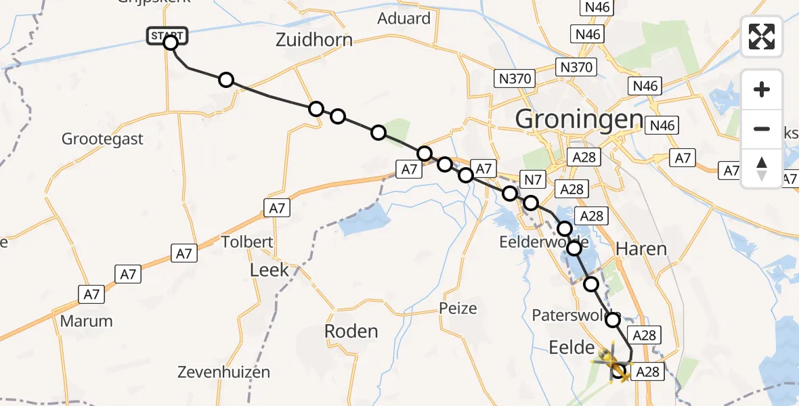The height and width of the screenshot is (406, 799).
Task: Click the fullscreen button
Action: (762, 37)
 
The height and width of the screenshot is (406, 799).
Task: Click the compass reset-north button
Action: (762, 168)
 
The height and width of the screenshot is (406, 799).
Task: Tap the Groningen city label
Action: (579, 120)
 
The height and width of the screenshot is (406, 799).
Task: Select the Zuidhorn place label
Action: (314, 40)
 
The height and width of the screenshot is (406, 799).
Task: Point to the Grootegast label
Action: (102, 139)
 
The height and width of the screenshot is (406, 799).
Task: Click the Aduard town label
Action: (404, 18)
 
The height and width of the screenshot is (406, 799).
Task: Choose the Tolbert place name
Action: (247, 242)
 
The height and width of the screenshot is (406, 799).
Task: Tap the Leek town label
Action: (269, 271)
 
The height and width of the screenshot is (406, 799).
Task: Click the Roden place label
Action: (351, 332)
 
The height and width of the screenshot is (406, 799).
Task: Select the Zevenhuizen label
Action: (223, 372)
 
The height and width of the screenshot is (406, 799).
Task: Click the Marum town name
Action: (86, 321)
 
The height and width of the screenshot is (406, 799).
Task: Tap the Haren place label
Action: (641, 249)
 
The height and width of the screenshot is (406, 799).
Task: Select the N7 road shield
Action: (532, 179)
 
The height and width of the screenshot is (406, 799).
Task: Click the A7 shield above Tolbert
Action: (278, 208)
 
